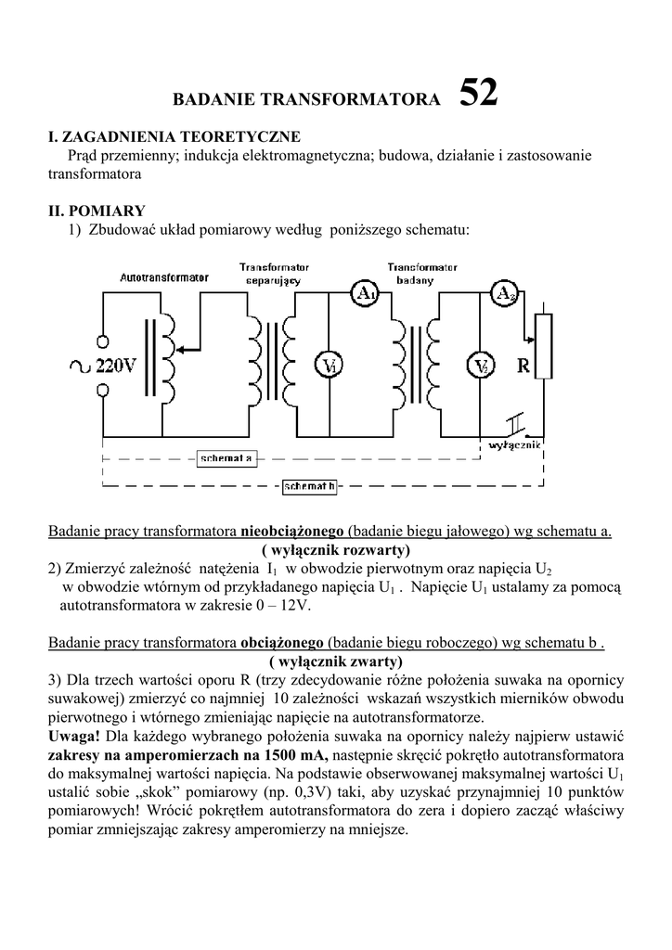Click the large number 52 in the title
coord(478,94)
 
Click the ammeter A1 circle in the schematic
coord(365,294)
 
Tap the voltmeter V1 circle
coord(328,366)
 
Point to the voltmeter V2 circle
coord(481,366)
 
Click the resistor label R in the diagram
coord(523,366)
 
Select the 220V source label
coord(116,366)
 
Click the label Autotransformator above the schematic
coord(164,277)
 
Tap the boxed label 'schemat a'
coord(226,458)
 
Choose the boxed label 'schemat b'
coord(309,485)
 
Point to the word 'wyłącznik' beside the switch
coord(514,445)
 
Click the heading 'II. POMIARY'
coord(96,211)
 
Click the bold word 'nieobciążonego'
coord(292,532)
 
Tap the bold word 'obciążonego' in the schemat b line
coord(281,642)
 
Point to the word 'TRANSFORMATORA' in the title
coord(371,99)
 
